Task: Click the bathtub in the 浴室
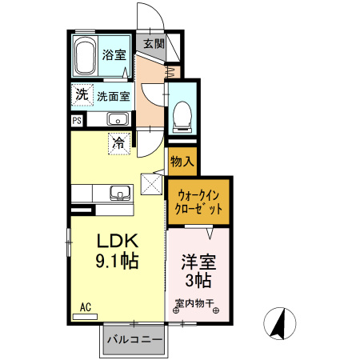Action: [x=85, y=56]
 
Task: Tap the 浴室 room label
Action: [x=114, y=55]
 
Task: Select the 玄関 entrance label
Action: [x=154, y=44]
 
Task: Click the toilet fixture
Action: [x=182, y=117]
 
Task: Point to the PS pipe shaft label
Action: [x=77, y=121]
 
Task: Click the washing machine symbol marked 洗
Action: [x=82, y=94]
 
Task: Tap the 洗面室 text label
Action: [x=114, y=96]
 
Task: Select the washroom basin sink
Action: [x=118, y=118]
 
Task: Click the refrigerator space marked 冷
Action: [x=119, y=143]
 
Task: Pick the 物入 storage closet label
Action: [x=182, y=162]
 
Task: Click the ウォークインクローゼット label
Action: [x=198, y=202]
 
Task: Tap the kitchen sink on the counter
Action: [x=121, y=193]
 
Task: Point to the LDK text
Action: [x=118, y=241]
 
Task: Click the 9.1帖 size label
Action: [x=117, y=261]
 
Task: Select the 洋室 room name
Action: [x=198, y=262]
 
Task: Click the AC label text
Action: [x=86, y=307]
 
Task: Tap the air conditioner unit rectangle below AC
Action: [x=85, y=317]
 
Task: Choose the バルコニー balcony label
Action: [x=134, y=339]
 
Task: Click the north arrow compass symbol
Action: [x=280, y=323]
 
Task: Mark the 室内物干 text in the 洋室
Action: [x=194, y=303]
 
